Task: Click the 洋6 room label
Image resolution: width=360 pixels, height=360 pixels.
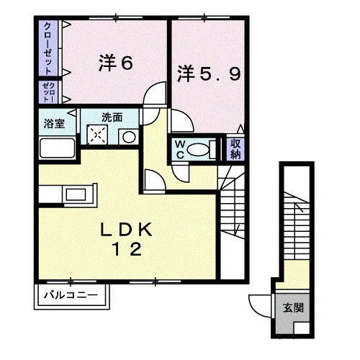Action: pos(116,63)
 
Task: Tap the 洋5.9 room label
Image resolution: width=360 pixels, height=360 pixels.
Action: pos(209,73)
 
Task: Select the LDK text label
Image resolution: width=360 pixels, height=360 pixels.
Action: pos(126,230)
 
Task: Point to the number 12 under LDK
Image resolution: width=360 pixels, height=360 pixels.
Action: pos(127,249)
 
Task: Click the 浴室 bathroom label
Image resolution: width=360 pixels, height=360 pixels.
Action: pos(54,124)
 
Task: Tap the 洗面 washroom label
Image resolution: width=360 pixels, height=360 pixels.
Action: pos(112,117)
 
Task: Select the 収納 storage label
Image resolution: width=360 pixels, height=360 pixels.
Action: pos(235,149)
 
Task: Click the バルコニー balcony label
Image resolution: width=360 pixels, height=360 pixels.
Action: pos(71,294)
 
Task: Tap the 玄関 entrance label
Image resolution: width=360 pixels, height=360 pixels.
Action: pos(293,307)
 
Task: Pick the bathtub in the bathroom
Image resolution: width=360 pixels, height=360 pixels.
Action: pos(57,148)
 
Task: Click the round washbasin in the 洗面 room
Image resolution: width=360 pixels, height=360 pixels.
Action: pos(129,137)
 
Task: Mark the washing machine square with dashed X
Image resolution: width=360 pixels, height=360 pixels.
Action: pos(97,135)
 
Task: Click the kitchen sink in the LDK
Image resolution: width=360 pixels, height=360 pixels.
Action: pos(76,194)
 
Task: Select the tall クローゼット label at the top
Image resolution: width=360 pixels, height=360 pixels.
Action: pos(48,48)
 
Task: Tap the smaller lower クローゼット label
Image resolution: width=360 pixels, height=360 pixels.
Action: pos(48,92)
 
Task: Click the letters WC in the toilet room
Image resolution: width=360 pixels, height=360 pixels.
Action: pos(180,150)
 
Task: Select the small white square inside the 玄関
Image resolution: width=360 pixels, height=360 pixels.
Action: pos(302,328)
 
